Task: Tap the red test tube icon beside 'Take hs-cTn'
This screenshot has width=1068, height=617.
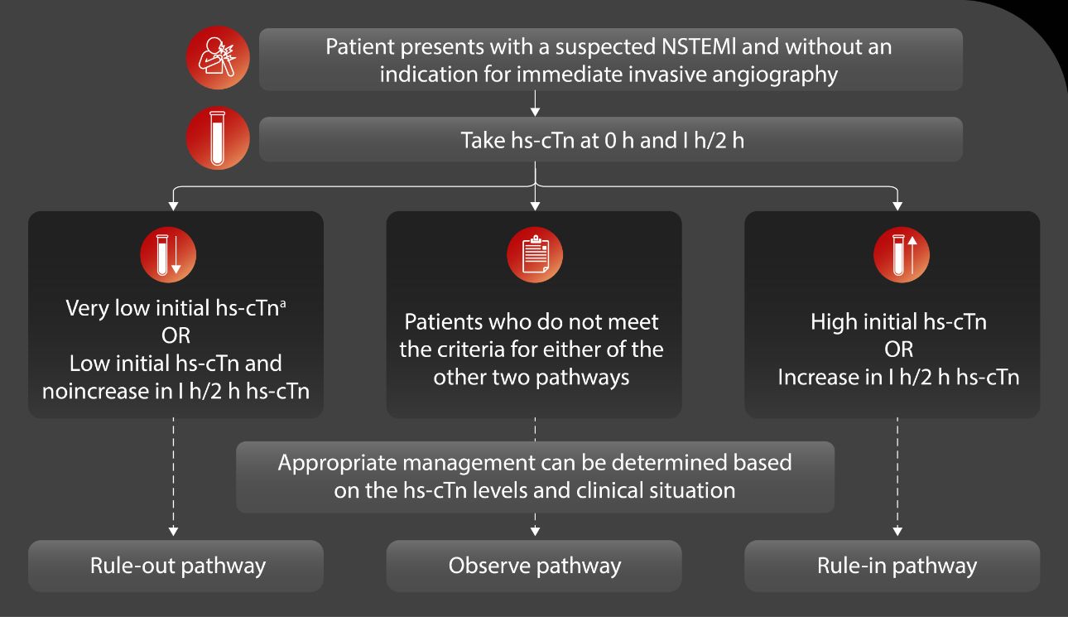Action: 218,138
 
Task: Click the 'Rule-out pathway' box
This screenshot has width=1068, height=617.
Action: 176,566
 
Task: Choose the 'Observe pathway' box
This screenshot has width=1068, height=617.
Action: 534,566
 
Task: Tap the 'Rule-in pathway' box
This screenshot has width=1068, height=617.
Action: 892,566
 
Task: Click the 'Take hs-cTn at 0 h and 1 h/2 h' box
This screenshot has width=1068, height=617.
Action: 610,139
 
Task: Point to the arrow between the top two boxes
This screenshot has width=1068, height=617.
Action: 536,104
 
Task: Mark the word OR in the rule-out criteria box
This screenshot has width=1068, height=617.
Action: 176,335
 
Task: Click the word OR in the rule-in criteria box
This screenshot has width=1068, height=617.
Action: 897,349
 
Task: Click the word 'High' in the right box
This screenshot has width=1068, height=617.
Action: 834,321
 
